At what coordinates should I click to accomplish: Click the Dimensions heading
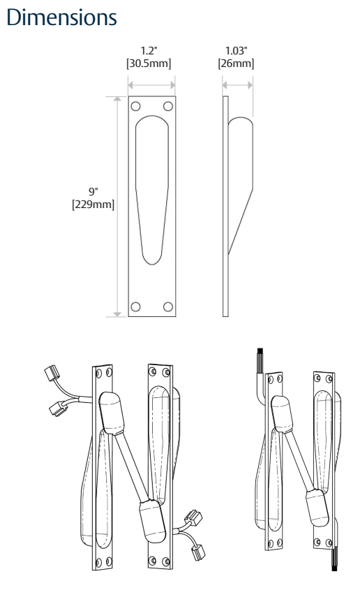(x=61, y=17)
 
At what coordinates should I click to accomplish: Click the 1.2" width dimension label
(x=149, y=51)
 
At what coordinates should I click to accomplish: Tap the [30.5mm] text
(x=149, y=64)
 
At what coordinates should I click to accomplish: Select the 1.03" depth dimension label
(x=237, y=51)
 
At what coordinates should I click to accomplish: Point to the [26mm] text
(x=236, y=64)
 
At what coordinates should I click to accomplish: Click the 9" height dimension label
(x=93, y=191)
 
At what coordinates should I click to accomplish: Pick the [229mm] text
(x=93, y=205)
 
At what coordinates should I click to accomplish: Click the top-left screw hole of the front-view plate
(x=135, y=106)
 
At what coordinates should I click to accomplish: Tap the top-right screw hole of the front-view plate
(x=168, y=106)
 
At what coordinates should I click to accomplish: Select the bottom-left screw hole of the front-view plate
(x=135, y=307)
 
